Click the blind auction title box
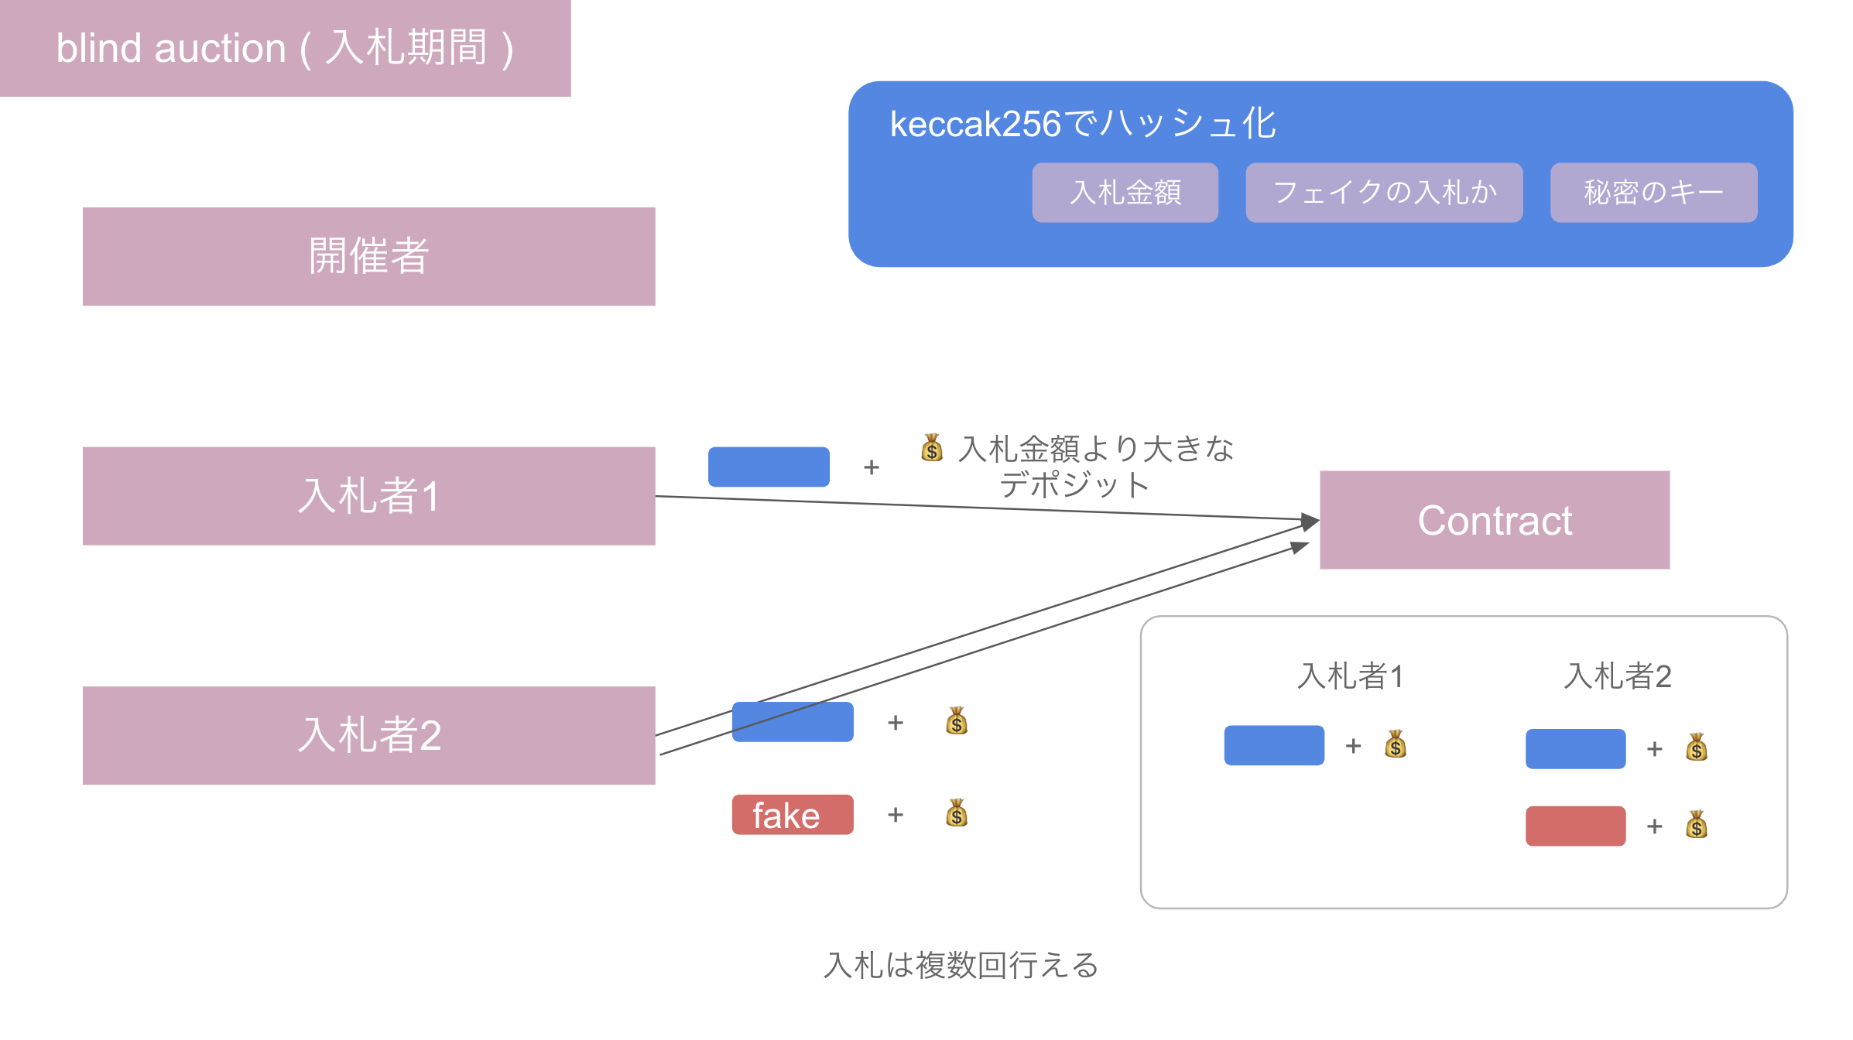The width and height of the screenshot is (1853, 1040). (x=285, y=48)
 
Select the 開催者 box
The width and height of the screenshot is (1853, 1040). (x=368, y=256)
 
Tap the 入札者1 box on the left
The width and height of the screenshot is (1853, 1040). (x=368, y=496)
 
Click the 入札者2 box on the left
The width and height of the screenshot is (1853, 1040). (x=368, y=735)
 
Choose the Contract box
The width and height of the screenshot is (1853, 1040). (x=1494, y=520)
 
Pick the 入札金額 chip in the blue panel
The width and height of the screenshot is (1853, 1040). (x=1125, y=193)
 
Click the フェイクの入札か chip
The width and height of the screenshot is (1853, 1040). (x=1384, y=193)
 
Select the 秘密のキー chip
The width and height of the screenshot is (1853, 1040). (x=1653, y=193)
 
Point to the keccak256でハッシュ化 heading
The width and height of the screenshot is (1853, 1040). (x=1082, y=124)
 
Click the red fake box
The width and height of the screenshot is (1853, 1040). (x=793, y=815)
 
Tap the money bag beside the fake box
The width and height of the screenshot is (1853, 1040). (x=957, y=813)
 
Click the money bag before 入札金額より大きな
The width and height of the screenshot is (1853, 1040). (x=932, y=447)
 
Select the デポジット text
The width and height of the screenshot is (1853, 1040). (x=1074, y=485)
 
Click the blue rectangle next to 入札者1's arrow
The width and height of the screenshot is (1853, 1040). (x=769, y=467)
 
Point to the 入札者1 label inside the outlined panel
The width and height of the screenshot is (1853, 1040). (x=1350, y=676)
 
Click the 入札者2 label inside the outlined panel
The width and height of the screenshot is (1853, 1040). (x=1617, y=676)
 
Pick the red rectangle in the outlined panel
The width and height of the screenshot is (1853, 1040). (x=1575, y=826)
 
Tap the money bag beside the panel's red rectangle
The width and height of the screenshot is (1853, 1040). (x=1697, y=825)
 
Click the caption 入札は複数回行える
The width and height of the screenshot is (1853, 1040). (x=961, y=965)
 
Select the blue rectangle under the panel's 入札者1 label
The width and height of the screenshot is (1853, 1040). (x=1274, y=745)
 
